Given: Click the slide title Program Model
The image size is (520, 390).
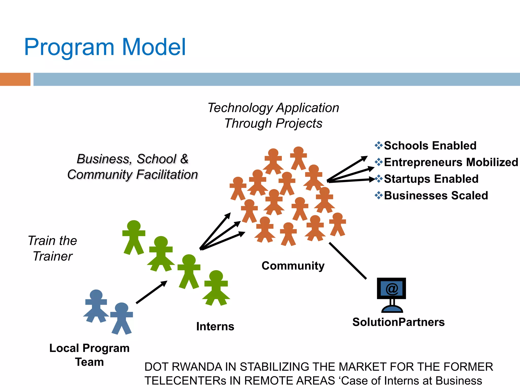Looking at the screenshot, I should [105, 47].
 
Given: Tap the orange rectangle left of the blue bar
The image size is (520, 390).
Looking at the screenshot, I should [15, 79].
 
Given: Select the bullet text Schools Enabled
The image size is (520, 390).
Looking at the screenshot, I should [430, 146].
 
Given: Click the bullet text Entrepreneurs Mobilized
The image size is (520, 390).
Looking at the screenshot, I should [451, 162].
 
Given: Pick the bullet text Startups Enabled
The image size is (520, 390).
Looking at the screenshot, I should [431, 179].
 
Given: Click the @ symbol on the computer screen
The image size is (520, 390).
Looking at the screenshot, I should [392, 288].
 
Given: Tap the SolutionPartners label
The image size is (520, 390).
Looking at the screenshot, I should [398, 322].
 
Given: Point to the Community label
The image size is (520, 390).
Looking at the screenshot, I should [293, 266].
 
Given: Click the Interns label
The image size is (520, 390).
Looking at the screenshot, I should [215, 327].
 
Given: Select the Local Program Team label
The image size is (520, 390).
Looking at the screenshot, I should [89, 355].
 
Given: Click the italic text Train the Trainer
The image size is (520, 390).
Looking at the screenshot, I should [53, 248].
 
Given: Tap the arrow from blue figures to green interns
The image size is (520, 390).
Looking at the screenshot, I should [152, 292].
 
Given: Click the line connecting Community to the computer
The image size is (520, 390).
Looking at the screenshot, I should [348, 261].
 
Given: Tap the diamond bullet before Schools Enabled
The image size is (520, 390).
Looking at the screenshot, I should [379, 145].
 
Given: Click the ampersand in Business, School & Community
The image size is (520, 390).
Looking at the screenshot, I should [184, 159].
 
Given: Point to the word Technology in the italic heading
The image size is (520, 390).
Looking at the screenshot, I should [240, 108].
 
